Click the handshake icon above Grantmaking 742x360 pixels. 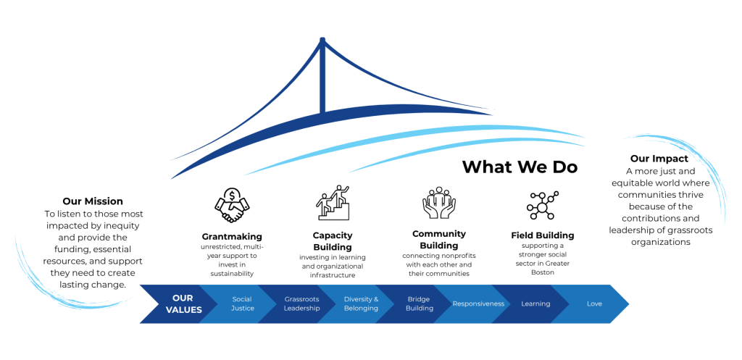point(232,205)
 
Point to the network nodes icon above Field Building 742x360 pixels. point(542,205)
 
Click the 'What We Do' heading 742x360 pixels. point(520,167)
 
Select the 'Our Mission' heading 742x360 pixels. point(93,201)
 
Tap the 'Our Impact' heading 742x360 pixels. point(659,159)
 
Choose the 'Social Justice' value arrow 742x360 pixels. point(241,304)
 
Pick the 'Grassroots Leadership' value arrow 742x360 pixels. point(301,304)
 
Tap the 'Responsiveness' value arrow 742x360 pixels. point(478,304)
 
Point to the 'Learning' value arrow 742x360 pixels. point(535,304)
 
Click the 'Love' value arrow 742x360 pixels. point(594,304)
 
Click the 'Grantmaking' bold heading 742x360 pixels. point(232,236)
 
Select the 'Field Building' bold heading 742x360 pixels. point(542,235)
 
